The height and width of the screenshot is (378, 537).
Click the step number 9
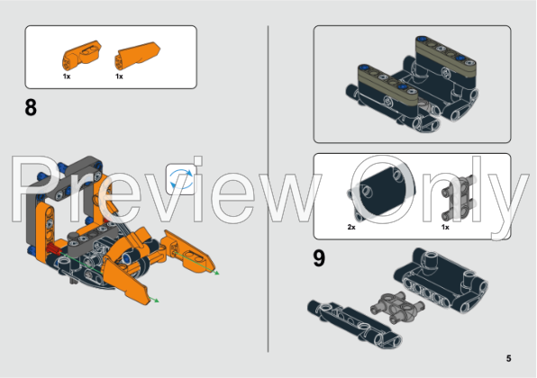319,257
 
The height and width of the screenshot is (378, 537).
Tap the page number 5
508,358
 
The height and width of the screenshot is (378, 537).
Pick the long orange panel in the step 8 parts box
132,56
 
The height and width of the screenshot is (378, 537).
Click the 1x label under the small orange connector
67,76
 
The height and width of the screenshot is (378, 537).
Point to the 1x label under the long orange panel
119,76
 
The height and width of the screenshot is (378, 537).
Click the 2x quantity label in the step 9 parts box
351,227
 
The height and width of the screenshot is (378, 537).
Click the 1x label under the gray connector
445,227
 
